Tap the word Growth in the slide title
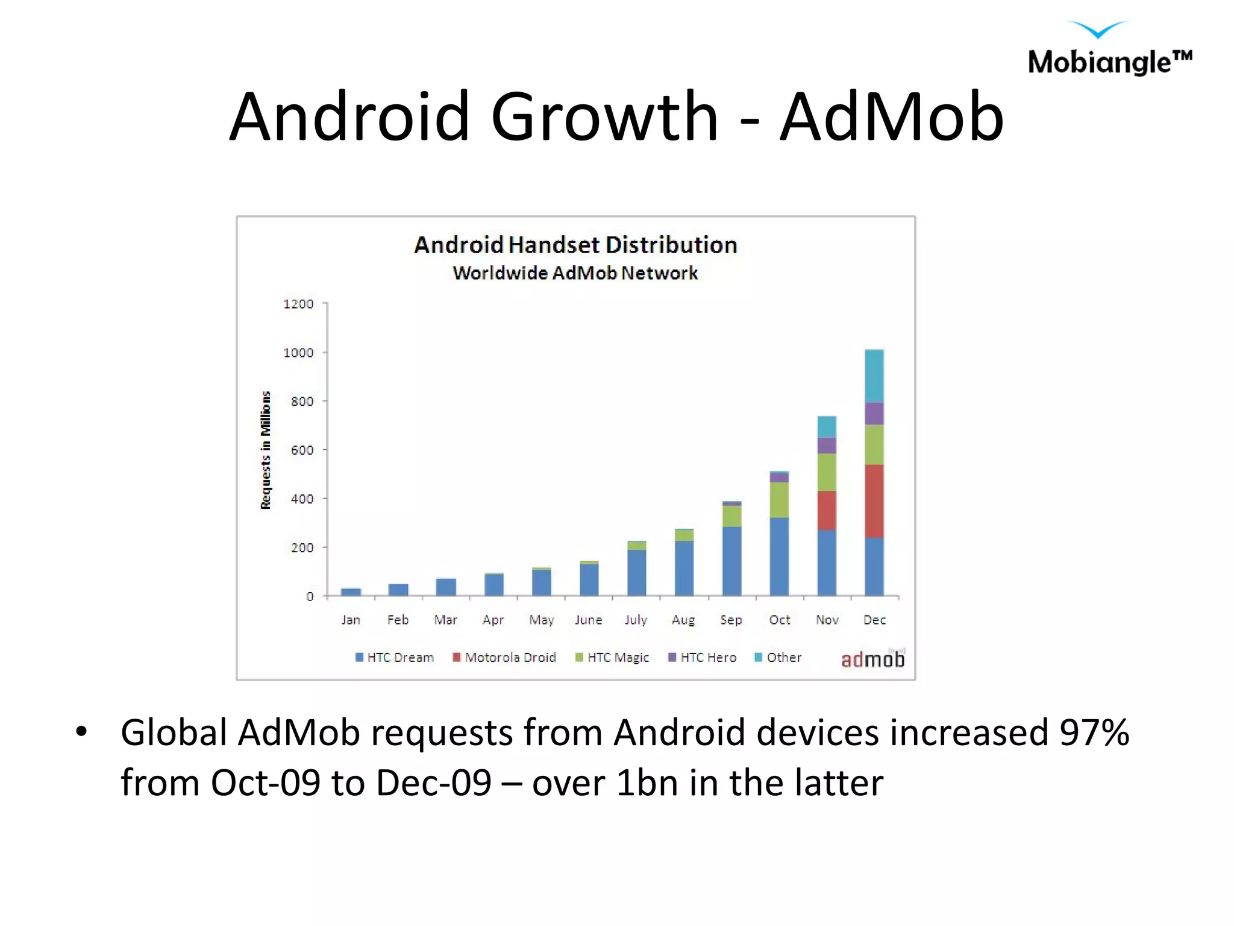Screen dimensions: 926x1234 (604, 118)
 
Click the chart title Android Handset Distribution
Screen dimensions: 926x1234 (575, 245)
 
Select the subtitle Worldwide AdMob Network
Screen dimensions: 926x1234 (575, 273)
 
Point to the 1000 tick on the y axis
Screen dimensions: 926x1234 (299, 353)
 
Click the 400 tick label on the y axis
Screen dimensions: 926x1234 (302, 499)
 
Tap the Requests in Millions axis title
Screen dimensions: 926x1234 (266, 450)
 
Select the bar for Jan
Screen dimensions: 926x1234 (351, 592)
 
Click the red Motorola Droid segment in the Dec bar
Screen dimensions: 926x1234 (874, 500)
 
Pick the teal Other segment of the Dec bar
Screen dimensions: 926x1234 (874, 376)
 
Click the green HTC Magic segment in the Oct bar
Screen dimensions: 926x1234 (779, 499)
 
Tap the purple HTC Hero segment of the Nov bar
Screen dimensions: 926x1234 (826, 446)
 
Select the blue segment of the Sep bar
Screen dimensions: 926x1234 (731, 561)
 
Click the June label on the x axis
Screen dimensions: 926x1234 (588, 620)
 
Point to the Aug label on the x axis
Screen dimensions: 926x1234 (683, 620)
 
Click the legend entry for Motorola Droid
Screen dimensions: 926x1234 (505, 657)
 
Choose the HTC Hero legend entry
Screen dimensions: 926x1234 (703, 657)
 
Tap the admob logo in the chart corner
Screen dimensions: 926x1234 (872, 660)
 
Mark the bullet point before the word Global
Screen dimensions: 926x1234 (81, 732)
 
